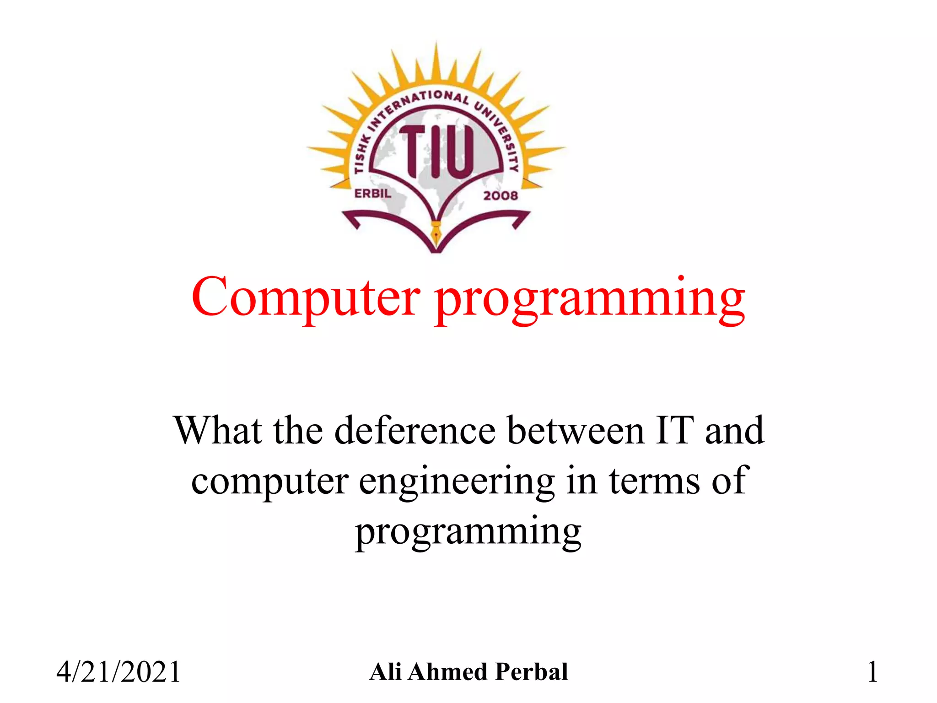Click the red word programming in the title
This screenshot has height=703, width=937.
(590, 300)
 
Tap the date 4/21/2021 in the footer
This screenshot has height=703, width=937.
(118, 672)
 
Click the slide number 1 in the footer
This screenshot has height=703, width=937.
(872, 672)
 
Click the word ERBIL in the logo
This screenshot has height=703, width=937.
(373, 194)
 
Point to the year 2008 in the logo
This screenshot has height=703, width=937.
(501, 195)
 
